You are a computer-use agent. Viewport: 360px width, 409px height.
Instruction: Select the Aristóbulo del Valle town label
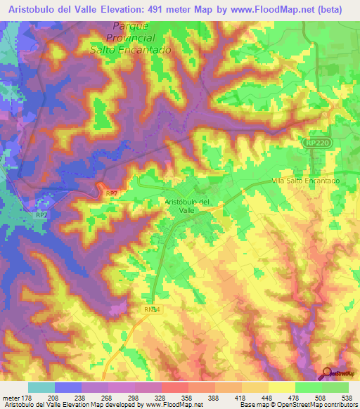pos(188,205)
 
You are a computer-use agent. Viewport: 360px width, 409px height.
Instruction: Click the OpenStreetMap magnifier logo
pos(327,373)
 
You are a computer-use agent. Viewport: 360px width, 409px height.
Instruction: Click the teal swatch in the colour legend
pos(41,387)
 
